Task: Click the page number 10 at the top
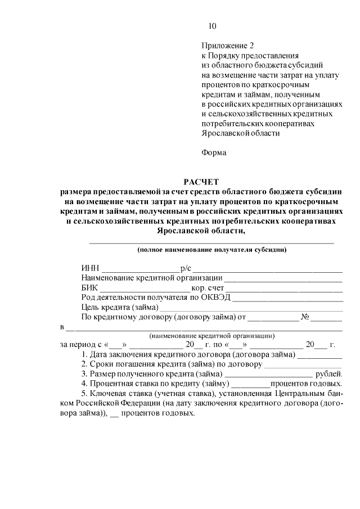click(x=211, y=26)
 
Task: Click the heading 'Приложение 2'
click(x=224, y=46)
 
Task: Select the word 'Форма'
click(x=213, y=152)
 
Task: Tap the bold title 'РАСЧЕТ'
click(x=201, y=181)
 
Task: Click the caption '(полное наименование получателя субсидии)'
click(x=212, y=249)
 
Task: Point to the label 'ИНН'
click(x=90, y=268)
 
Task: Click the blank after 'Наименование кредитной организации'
click(x=283, y=278)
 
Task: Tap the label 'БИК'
click(x=89, y=288)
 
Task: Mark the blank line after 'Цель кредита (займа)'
click(x=251, y=308)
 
